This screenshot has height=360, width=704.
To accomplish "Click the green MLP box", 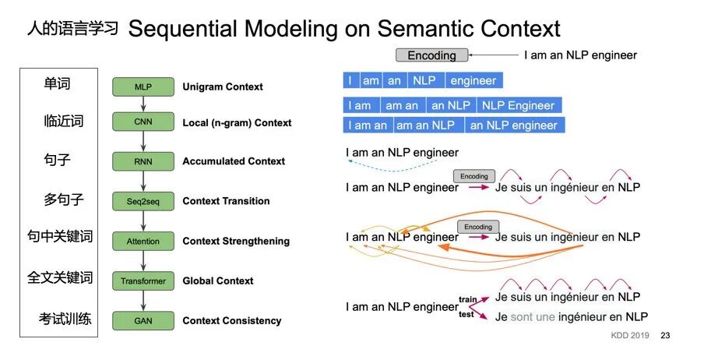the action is coord(143,86).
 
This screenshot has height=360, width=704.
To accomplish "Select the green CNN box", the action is coord(143,122).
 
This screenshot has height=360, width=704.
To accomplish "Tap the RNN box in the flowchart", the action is coord(143,161).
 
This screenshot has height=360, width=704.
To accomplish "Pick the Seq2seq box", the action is coord(143,201).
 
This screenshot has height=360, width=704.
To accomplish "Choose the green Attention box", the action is coord(143,242).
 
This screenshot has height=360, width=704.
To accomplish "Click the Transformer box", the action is coord(143,281).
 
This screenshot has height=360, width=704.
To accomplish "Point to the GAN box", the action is coord(143,321).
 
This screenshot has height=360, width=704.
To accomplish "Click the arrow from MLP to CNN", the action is coord(143,104).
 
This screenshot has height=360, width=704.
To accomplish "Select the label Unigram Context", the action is coord(223,86).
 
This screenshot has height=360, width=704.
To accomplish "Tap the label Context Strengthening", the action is coord(236,242).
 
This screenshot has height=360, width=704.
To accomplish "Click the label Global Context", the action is coord(218,281).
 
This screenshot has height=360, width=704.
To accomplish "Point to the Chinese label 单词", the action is coord(57,83).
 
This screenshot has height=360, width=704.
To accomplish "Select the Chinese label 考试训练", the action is coord(65,319).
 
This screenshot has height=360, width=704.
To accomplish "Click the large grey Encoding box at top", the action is coord(432,55).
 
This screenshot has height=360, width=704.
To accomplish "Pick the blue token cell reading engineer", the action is coord(474,80).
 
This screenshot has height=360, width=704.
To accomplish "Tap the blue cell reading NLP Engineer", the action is coord(519,106).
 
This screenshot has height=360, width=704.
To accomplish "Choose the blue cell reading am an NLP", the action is coord(429,125).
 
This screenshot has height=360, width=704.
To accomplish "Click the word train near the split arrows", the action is coord(467,299).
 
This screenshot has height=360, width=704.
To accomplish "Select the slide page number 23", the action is coord(665,335).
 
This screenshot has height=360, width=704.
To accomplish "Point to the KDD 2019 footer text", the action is coord(630,335).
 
